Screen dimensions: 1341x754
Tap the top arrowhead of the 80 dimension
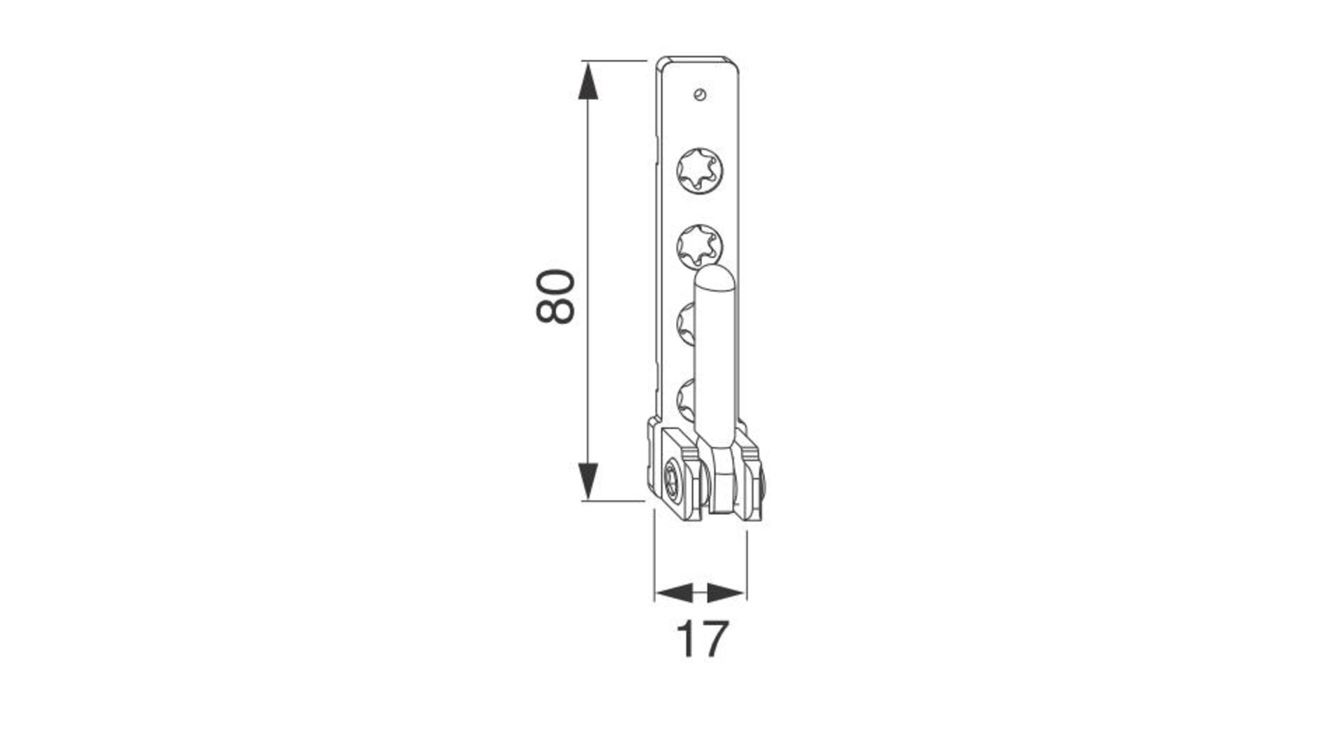tap(589, 79)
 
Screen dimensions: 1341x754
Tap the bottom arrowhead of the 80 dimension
tap(589, 482)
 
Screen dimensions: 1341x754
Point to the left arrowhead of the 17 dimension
tap(673, 593)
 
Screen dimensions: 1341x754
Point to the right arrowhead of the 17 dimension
tap(726, 593)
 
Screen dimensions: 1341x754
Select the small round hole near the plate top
tap(701, 94)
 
